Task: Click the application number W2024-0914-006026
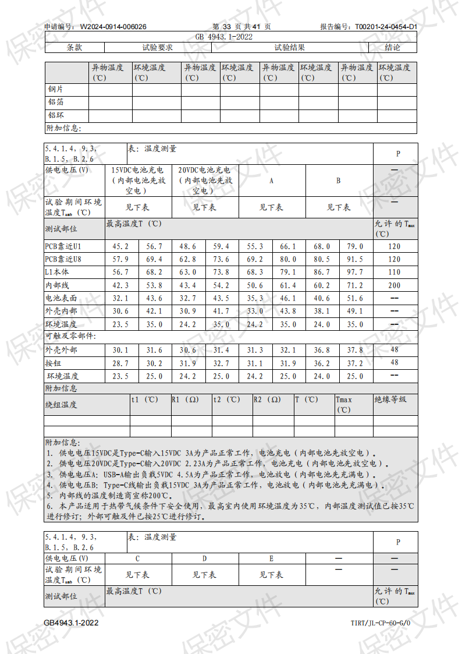[x=113, y=27]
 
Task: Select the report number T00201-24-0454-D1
[x=386, y=27]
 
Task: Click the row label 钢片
[x=56, y=90]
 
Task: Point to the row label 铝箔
[x=56, y=102]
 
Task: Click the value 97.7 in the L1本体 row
[x=355, y=272]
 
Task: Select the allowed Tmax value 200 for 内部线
[x=395, y=285]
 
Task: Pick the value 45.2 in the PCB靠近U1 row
[x=120, y=246]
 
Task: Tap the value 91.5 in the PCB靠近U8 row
[x=355, y=259]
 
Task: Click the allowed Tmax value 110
[x=395, y=272]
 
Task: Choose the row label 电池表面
[x=61, y=298]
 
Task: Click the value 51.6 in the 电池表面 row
[x=355, y=298]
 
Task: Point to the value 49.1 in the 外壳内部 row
[x=355, y=311]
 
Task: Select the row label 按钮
[x=53, y=363]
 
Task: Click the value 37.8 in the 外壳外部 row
[x=355, y=350]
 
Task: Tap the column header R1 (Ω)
[x=186, y=400]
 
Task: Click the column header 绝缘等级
[x=390, y=400]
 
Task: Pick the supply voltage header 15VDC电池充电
[x=138, y=171]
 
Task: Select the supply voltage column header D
[x=204, y=558]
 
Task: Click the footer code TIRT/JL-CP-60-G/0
[x=381, y=623]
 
